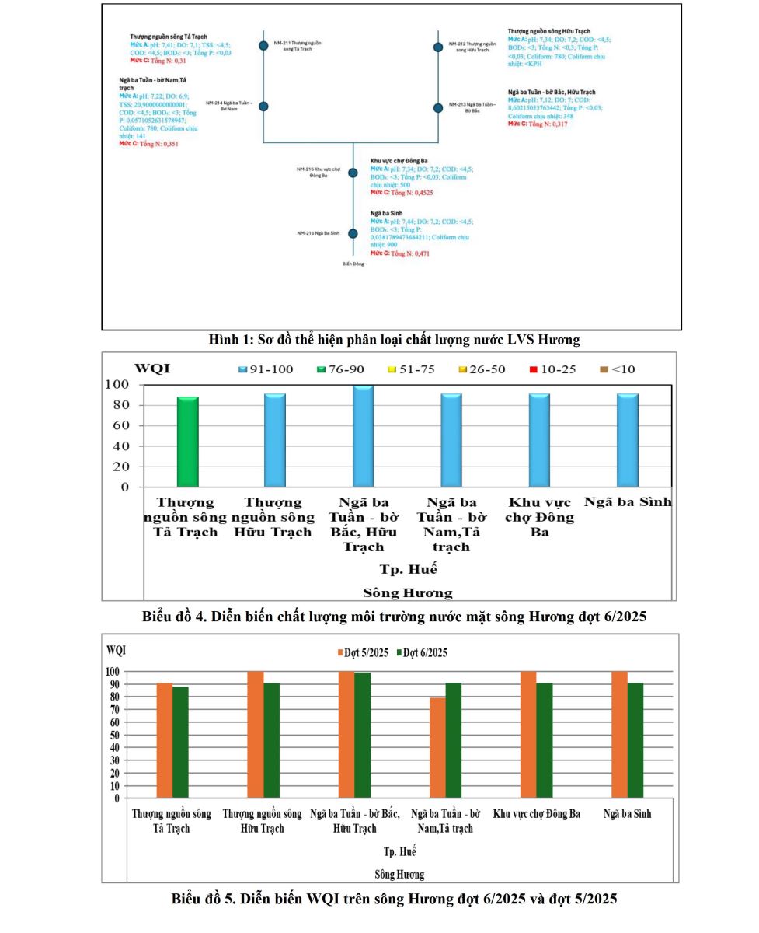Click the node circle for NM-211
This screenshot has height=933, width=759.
(264, 46)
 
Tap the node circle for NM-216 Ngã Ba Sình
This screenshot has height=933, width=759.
(353, 233)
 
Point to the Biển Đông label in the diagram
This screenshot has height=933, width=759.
(353, 264)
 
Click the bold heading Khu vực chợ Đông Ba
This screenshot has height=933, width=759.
(399, 161)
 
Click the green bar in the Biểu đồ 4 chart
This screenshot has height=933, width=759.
(187, 442)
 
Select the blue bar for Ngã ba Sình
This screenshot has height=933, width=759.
(628, 440)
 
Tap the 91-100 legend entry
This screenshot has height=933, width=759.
(266, 369)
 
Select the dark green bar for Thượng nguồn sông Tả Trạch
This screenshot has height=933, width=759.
(180, 742)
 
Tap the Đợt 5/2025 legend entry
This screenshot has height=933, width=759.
(363, 652)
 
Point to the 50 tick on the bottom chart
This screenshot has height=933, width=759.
(113, 735)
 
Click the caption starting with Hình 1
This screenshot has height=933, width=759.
(394, 339)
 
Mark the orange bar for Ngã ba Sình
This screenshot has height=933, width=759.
(619, 734)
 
